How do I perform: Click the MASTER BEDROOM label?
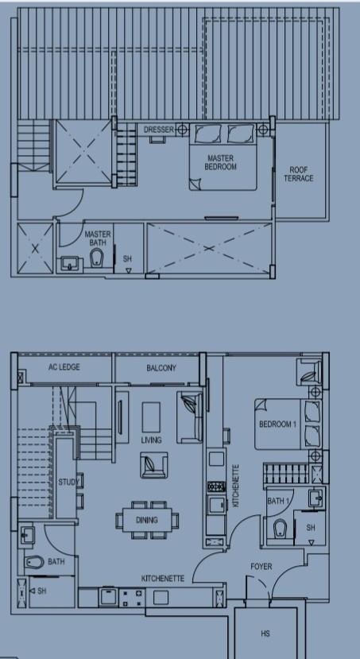[x=221, y=162]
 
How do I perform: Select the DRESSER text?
[x=159, y=130]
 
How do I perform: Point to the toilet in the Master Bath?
[x=97, y=258]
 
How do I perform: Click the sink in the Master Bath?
[x=69, y=263]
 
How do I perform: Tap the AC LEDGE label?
[x=64, y=367]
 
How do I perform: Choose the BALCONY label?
[x=161, y=368]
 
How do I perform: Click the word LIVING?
[x=151, y=440]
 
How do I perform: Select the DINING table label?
[x=146, y=520]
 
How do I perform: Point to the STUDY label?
[x=68, y=482]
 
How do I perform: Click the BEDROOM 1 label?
[x=277, y=424]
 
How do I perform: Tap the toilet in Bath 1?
[x=280, y=529]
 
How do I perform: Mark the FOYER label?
[x=261, y=567]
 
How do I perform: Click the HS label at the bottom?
[x=265, y=634]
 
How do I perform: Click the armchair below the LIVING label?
[x=153, y=465]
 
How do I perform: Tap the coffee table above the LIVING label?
[x=151, y=417]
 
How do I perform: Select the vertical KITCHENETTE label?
[x=236, y=486]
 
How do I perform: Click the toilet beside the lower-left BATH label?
[x=34, y=562]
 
